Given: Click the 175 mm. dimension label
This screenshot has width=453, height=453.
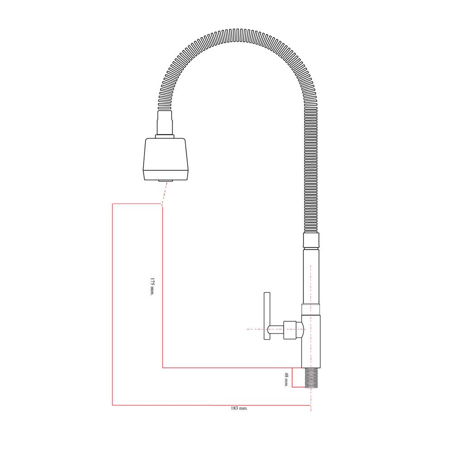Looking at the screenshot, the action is pyautogui.click(x=152, y=287).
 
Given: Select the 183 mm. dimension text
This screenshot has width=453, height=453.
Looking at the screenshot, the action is pyautogui.click(x=239, y=408).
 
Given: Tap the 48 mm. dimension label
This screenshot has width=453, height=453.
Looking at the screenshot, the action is pyautogui.click(x=286, y=380).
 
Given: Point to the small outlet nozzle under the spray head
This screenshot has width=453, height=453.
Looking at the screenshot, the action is pyautogui.click(x=166, y=181).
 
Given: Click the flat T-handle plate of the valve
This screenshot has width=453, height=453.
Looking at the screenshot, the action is pyautogui.click(x=267, y=316).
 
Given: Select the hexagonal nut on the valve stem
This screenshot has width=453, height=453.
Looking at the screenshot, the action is pyautogui.click(x=290, y=330).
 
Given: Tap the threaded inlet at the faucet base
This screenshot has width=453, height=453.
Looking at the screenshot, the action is pyautogui.click(x=312, y=378).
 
